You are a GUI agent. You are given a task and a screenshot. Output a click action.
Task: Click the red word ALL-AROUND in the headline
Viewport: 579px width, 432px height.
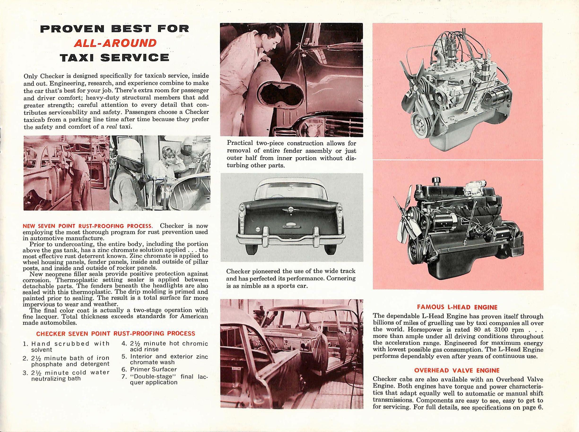pos(115,43)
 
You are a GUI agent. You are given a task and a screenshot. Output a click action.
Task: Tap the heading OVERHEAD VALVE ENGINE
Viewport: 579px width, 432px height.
pos(457,370)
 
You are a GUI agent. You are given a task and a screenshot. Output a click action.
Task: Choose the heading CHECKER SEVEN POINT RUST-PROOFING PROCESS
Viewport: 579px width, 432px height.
pos(115,333)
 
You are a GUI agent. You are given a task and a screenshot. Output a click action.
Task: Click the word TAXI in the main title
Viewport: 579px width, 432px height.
pos(77,57)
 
